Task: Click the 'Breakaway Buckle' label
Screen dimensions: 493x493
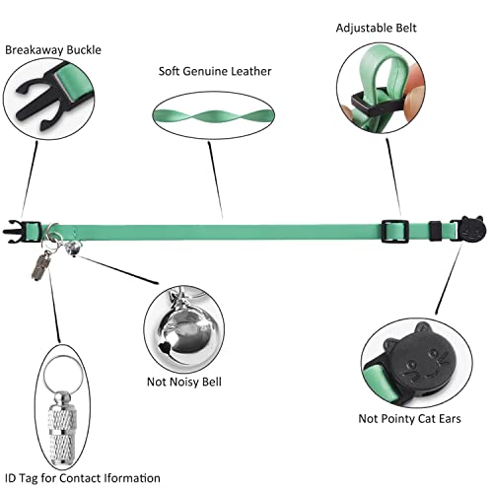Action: [x=53, y=50]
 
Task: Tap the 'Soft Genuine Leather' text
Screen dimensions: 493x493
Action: [x=215, y=71]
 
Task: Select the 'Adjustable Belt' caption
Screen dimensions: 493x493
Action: [x=376, y=29]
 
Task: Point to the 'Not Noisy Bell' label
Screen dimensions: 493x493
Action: [x=184, y=382]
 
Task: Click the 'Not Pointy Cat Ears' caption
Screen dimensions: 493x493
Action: [x=409, y=419]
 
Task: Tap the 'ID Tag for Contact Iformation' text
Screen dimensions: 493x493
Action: [x=83, y=478]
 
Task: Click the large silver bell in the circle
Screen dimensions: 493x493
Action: [x=185, y=332]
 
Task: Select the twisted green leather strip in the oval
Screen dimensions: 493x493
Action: [x=213, y=115]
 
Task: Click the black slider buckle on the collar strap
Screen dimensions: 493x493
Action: [x=394, y=231]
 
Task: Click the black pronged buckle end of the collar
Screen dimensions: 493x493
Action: [x=14, y=232]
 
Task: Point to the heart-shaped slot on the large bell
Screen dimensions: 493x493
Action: [x=165, y=346]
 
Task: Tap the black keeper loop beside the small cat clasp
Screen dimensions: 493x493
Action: [x=436, y=231]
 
